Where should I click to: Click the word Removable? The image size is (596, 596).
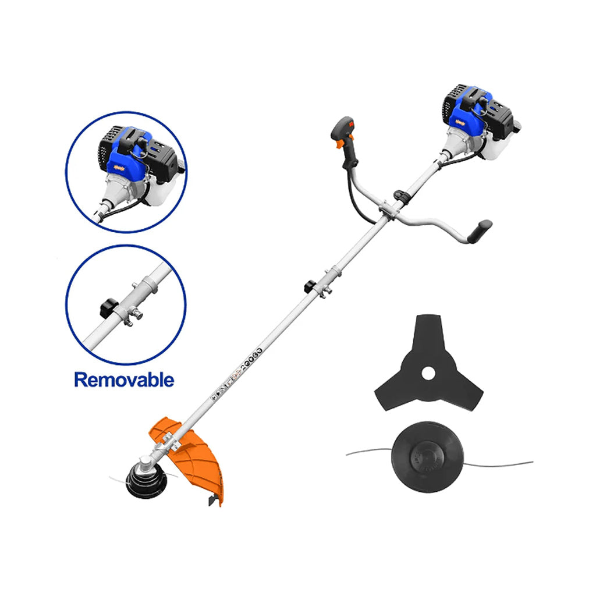click(x=124, y=380)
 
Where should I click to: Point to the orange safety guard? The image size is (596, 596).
click(x=201, y=460)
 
